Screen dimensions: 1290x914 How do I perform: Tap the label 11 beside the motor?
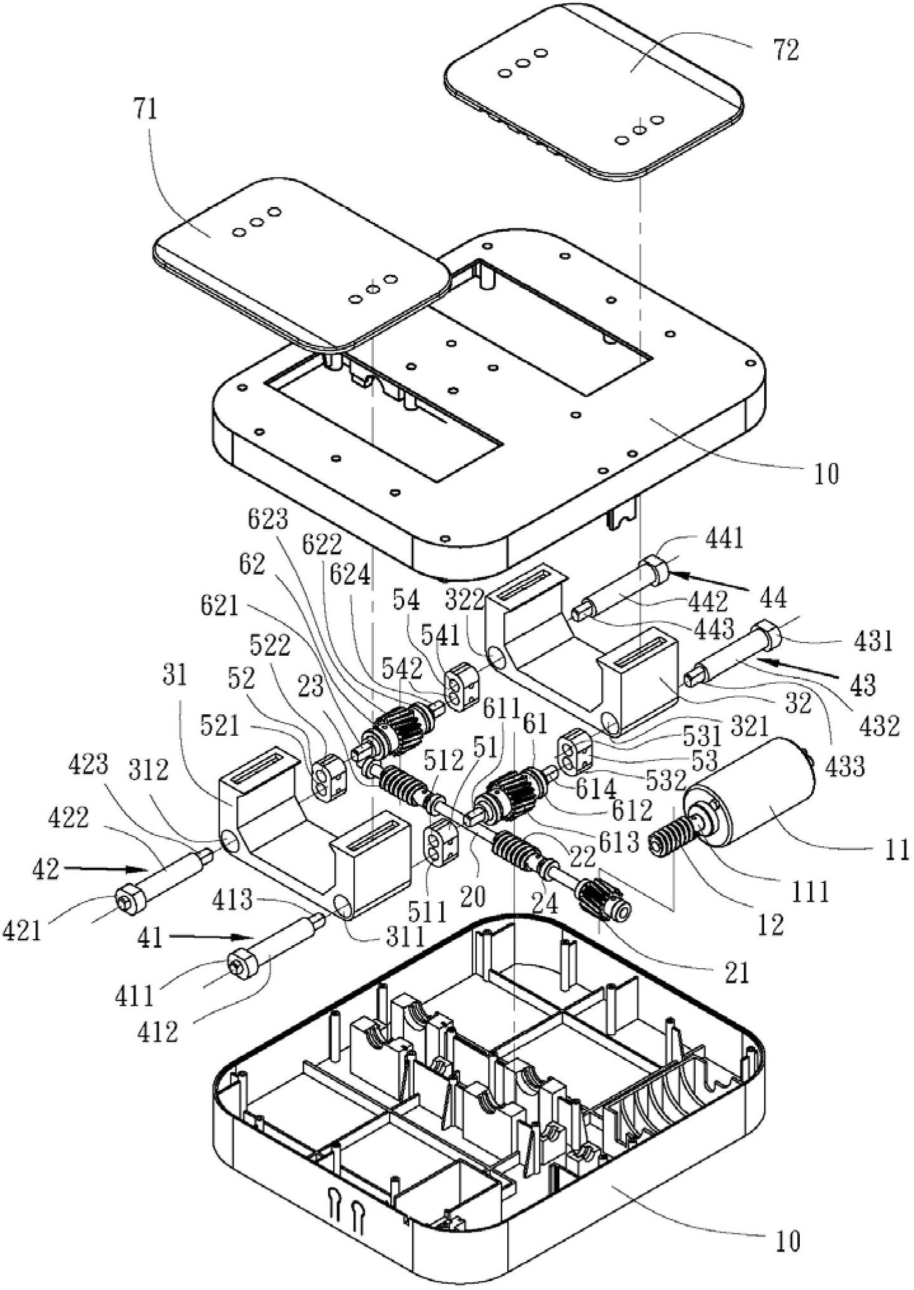coord(897,851)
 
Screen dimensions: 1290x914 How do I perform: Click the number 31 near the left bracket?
coord(175,675)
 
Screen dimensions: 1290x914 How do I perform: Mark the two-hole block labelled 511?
coord(440,843)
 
